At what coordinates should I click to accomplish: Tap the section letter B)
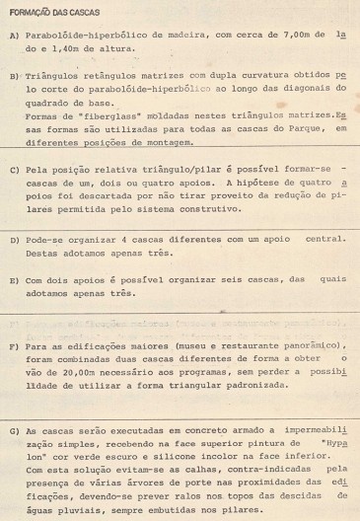tap(13, 74)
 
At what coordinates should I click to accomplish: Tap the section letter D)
tap(13, 240)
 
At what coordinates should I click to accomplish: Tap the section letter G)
tap(13, 430)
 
